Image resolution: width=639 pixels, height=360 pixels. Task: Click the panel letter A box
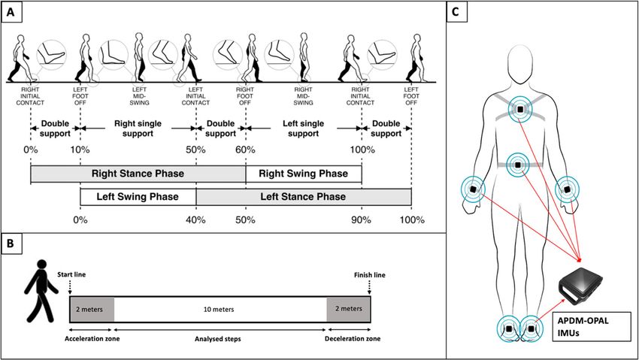point(11,12)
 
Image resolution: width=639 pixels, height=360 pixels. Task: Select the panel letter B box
point(11,243)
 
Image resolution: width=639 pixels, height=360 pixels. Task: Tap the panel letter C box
point(456,12)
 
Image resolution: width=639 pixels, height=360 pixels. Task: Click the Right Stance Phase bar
point(138,174)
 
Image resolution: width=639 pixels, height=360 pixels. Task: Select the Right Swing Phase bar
point(304,174)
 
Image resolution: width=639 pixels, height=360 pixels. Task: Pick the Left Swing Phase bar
point(138,197)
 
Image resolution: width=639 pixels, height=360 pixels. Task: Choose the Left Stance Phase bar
point(304,197)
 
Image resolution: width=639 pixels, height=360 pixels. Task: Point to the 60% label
point(245,150)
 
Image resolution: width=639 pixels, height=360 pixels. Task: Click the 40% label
point(195,220)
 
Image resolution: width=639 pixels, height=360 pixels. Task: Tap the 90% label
point(361,220)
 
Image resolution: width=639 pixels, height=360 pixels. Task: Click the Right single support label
point(138,129)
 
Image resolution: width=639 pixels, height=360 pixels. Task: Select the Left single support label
point(303,129)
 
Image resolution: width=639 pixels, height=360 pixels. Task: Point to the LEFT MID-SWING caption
point(139,96)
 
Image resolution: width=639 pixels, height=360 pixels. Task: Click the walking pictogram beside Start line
point(41,291)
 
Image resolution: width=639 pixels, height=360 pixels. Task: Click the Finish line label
point(369,275)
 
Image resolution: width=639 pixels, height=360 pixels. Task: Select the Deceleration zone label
point(353,338)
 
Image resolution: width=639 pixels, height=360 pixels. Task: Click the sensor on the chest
point(520,109)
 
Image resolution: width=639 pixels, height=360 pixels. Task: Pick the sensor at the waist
point(517,165)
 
